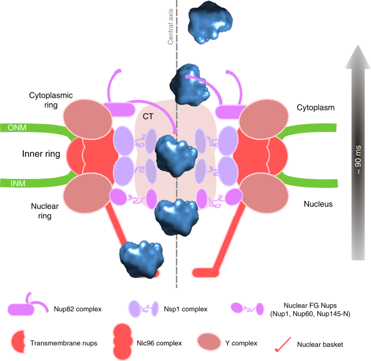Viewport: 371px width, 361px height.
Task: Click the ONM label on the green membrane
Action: (16, 128)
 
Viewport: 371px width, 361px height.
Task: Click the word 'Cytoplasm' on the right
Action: (318, 108)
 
